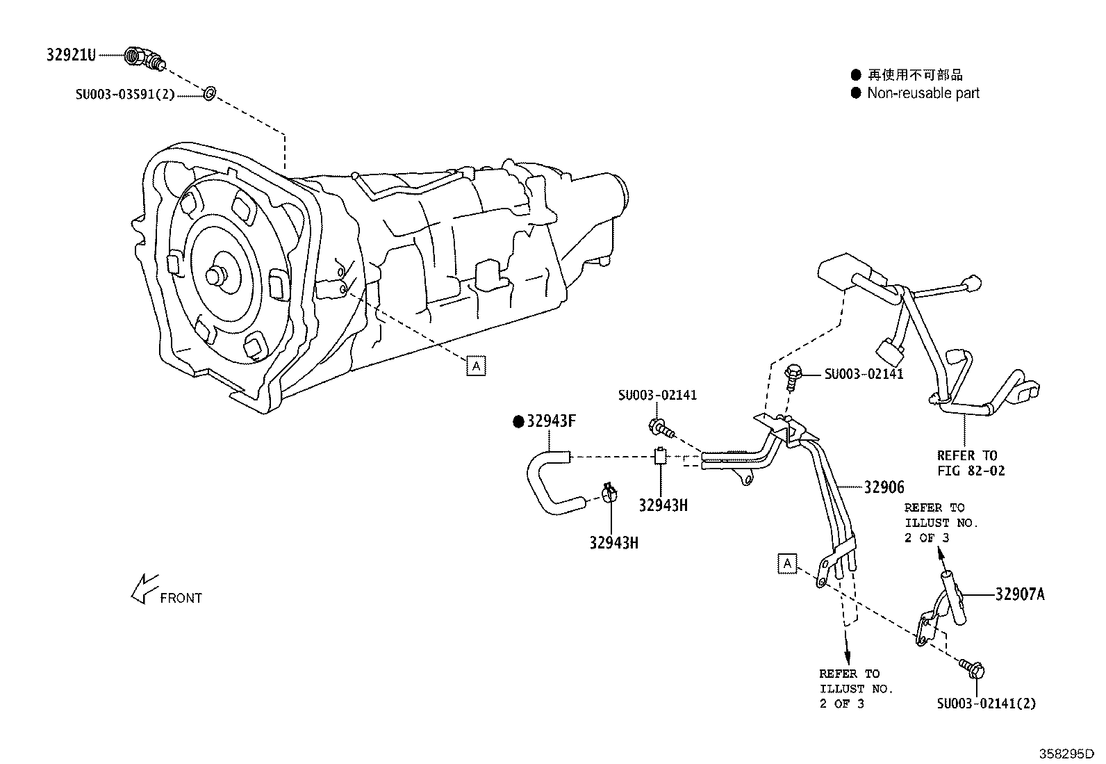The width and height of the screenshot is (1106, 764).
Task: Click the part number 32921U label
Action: click(71, 55)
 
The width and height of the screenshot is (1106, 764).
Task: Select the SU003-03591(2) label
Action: click(125, 94)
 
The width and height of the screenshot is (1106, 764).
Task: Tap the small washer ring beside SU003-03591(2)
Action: click(209, 92)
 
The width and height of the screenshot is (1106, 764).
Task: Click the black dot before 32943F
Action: click(518, 421)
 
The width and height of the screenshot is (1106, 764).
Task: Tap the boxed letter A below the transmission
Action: click(476, 365)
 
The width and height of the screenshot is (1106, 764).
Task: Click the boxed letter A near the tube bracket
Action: click(786, 563)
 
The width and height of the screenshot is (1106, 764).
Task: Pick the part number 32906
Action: click(884, 487)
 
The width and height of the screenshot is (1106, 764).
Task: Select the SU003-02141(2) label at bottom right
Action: click(986, 703)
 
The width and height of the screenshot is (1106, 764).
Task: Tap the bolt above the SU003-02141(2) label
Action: click(972, 669)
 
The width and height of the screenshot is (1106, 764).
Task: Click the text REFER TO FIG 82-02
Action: click(971, 463)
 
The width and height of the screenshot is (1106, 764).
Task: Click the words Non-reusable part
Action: click(923, 93)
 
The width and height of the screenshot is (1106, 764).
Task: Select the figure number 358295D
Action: click(1066, 754)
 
